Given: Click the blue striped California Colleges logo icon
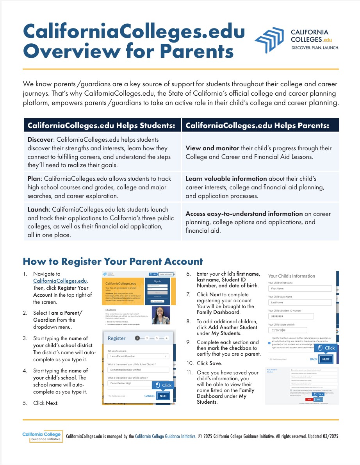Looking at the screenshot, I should click(x=270, y=39).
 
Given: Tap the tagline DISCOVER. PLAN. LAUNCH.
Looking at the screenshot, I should click(x=315, y=48).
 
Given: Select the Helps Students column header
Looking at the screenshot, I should click(x=102, y=125).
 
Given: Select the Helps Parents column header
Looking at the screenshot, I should click(x=257, y=125).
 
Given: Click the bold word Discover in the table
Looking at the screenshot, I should click(x=40, y=139).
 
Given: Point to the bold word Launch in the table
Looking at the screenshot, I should click(x=38, y=210).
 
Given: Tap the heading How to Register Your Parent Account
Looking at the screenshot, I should click(x=113, y=261).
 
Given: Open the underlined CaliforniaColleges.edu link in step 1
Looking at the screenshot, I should click(x=60, y=281).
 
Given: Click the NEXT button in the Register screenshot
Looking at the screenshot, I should click(x=163, y=396).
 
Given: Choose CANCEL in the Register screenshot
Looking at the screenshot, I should click(x=150, y=396).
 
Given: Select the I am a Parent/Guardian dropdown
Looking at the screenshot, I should click(x=138, y=356).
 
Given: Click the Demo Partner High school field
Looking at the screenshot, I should click(x=138, y=383).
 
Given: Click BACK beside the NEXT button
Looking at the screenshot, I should click(x=313, y=359).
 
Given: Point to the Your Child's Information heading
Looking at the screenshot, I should click(x=291, y=276).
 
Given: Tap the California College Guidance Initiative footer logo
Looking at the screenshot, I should click(x=42, y=436).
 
